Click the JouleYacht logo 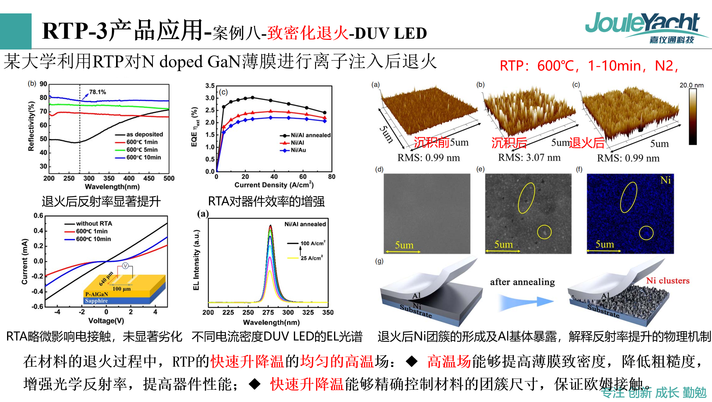coord(642,27)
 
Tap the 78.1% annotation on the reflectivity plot coord(97,92)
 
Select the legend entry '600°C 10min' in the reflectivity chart coord(143,157)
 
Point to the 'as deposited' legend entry coord(144,134)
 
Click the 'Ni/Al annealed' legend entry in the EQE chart coord(310,135)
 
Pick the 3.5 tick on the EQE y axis coord(210,86)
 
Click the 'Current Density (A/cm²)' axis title coord(274,185)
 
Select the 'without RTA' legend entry coord(94,223)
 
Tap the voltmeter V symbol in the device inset coord(125,266)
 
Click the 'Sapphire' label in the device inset coord(96,301)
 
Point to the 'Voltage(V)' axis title coord(106,320)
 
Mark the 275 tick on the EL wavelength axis coord(268,312)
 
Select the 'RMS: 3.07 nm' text coord(529,157)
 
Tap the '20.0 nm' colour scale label coord(691,85)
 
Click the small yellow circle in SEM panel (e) coord(544,232)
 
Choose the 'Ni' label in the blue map coord(665,180)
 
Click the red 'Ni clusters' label coord(667,281)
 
